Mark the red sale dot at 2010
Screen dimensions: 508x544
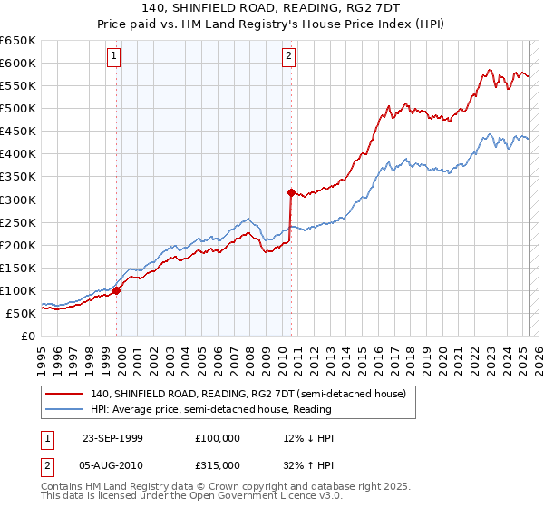[291, 192]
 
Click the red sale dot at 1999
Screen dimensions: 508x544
[117, 290]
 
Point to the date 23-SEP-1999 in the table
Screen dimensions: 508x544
[112, 438]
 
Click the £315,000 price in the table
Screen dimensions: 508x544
[218, 464]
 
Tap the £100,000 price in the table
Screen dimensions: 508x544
[218, 438]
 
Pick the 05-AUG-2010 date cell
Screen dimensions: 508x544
[112, 464]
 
